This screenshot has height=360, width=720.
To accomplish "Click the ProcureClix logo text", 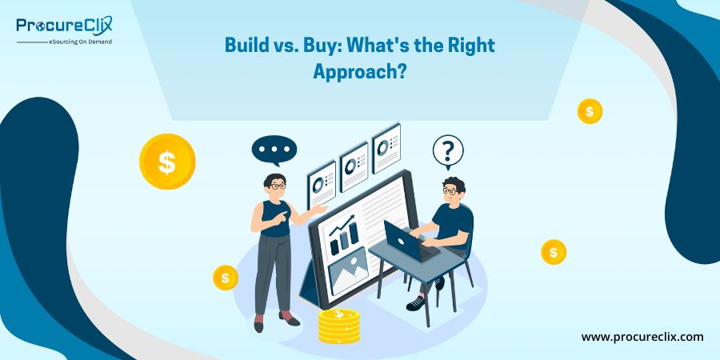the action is [64, 26].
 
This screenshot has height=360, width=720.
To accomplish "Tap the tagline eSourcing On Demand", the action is [80, 42].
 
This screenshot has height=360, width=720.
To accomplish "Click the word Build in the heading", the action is [242, 46].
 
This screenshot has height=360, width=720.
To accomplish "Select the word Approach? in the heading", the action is [359, 73].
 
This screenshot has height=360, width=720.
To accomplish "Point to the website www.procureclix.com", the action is [642, 337].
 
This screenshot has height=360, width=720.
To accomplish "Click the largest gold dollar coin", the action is [167, 161].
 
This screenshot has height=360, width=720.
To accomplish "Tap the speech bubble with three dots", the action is [274, 150].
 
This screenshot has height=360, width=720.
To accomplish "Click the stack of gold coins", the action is [339, 326].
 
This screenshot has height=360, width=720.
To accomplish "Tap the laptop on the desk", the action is [405, 241].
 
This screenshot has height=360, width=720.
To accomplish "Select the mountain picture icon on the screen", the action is [348, 270].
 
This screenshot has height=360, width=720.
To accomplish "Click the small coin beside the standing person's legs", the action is [226, 278].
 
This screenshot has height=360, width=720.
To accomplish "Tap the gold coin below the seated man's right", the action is [554, 252].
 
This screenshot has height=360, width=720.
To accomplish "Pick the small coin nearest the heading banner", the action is [590, 111].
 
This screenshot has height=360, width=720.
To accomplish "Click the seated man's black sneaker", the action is [415, 302].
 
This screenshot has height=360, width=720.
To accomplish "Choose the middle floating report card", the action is [354, 166].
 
